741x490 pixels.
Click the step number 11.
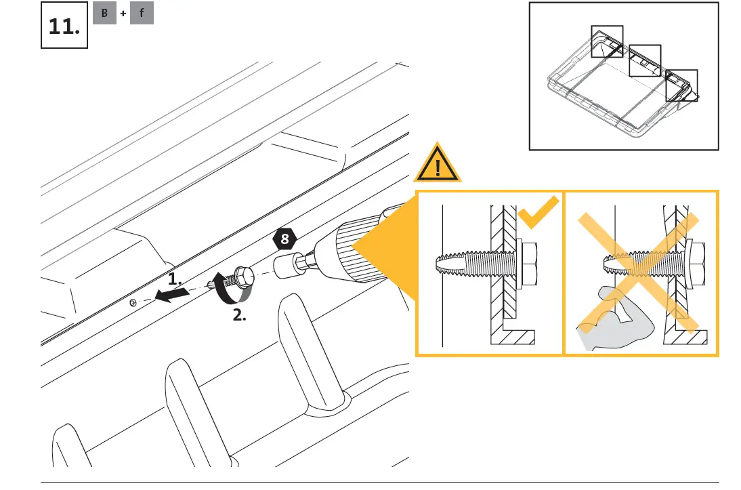pyautogui.click(x=64, y=27)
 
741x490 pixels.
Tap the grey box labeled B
pyautogui.click(x=105, y=13)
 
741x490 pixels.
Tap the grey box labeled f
pyautogui.click(x=142, y=13)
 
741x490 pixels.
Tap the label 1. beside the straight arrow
pyautogui.click(x=175, y=279)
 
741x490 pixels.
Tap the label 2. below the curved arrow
pyautogui.click(x=239, y=315)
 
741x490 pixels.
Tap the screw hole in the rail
pyautogui.click(x=133, y=302)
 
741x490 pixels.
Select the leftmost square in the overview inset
pyautogui.click(x=606, y=41)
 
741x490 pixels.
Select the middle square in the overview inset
pyautogui.click(x=644, y=61)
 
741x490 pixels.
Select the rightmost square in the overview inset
pyautogui.click(x=681, y=85)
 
